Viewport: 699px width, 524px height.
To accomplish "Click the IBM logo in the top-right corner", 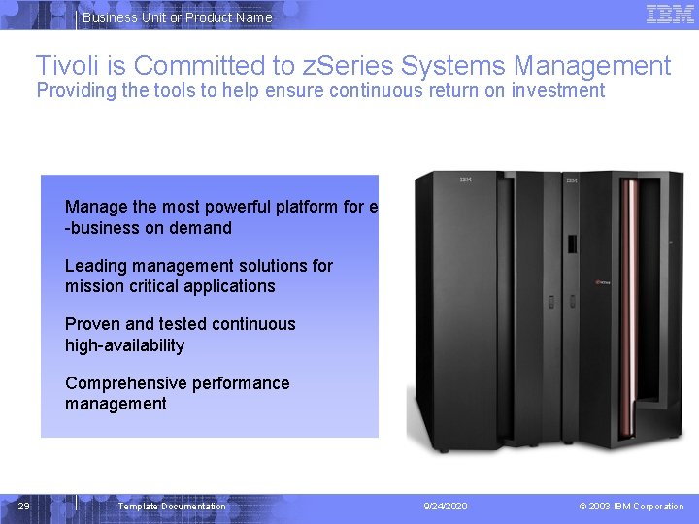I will click(670, 15).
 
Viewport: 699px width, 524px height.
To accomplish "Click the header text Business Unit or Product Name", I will click(177, 17).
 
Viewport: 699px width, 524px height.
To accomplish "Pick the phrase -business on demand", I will click(148, 228).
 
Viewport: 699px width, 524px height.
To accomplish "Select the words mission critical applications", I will click(170, 286).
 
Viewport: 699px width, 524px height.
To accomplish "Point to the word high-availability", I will click(124, 345).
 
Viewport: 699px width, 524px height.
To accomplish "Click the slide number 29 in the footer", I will click(25, 506).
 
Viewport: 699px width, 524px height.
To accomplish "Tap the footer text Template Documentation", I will click(172, 507).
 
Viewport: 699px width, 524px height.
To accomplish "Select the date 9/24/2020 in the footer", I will click(446, 507).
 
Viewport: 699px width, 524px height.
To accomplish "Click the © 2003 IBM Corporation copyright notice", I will click(631, 507).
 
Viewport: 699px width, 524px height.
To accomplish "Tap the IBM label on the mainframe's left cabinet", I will click(466, 180).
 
